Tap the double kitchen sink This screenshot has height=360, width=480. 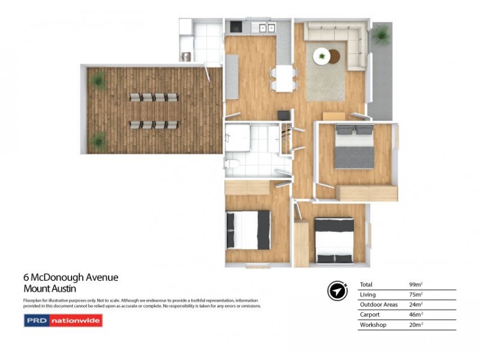point(265,27)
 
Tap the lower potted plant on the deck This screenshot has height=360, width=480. point(97,140)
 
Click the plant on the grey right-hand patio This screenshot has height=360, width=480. point(380,36)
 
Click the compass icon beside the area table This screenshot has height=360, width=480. point(337,290)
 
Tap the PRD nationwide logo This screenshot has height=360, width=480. point(63,321)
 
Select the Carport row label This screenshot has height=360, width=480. point(370,314)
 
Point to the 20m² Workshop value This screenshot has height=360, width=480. point(416,325)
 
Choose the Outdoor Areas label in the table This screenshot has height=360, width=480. point(378,304)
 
